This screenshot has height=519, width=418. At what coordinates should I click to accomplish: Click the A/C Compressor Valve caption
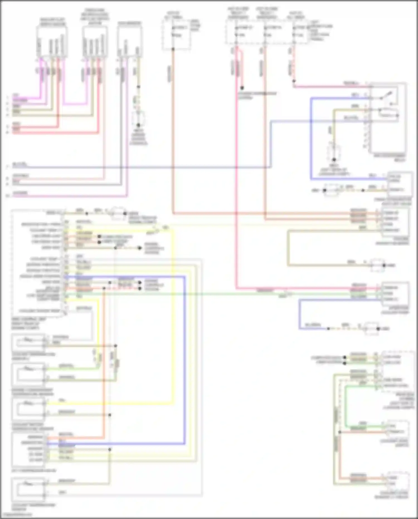[34, 470]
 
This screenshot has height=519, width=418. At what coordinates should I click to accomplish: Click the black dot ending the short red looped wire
[242, 88]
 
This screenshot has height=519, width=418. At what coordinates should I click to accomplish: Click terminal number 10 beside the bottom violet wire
[8, 196]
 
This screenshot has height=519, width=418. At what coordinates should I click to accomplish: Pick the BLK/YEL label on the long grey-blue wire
[20, 165]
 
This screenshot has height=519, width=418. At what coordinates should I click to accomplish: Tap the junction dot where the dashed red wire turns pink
[294, 81]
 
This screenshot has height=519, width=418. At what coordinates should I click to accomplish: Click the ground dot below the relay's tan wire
[334, 160]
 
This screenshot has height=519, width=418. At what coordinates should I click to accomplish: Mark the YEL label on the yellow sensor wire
[62, 400]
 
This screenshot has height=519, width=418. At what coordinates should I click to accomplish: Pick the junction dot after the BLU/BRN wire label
[328, 329]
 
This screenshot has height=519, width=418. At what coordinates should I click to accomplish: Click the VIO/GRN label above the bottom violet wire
[20, 193]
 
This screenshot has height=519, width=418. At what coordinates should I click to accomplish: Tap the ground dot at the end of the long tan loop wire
[384, 265]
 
